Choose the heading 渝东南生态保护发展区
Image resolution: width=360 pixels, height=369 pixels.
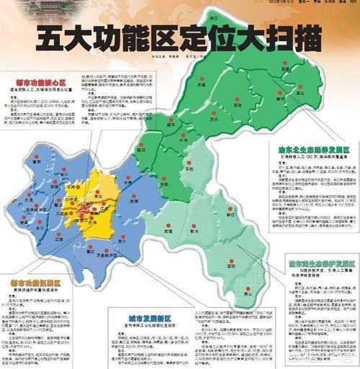(x=320, y=266)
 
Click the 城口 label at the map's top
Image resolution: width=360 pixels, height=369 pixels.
(x=214, y=16)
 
